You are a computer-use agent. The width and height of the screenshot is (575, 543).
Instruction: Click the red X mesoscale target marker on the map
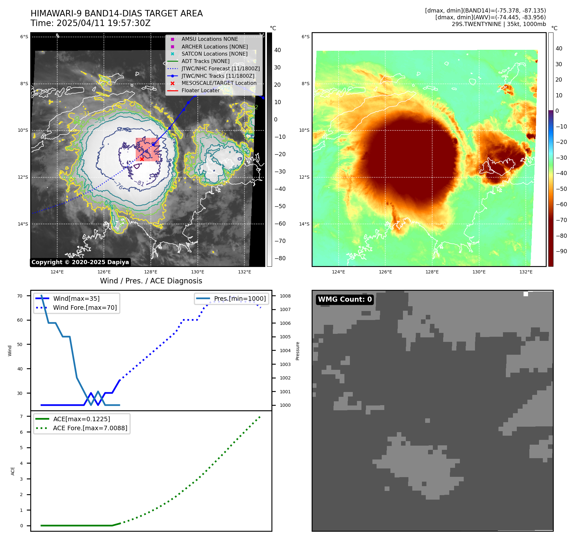pyautogui.click(x=142, y=159)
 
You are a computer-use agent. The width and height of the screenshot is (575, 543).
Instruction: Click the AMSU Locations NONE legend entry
pyautogui.click(x=209, y=39)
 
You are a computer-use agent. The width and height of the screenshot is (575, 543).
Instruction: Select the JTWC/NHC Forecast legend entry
pyautogui.click(x=220, y=68)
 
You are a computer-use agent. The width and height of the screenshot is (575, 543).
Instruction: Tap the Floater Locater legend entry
pyautogui.click(x=200, y=90)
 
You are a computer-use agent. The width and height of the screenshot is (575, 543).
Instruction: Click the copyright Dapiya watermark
pyautogui.click(x=80, y=262)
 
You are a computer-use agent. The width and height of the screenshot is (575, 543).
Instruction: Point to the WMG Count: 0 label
pyautogui.click(x=345, y=299)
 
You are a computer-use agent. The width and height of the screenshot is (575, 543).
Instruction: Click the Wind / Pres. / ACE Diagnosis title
pyautogui.click(x=151, y=281)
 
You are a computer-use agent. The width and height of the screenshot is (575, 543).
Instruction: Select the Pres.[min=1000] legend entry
pyautogui.click(x=240, y=298)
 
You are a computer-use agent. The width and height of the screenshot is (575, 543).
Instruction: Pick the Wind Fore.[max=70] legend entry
pyautogui.click(x=85, y=307)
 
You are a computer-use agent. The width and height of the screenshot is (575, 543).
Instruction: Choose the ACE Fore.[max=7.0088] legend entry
pyautogui.click(x=90, y=428)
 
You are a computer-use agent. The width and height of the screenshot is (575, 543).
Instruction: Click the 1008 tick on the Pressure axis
pyautogui.click(x=285, y=296)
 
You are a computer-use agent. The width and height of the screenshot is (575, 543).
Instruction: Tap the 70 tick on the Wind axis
pyautogui.click(x=20, y=296)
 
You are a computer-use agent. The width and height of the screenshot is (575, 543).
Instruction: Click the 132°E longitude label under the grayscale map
pyautogui.click(x=244, y=272)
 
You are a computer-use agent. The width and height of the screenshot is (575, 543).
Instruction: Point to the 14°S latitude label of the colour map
pyautogui.click(x=304, y=224)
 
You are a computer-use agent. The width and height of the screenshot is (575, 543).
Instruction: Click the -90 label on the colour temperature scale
pyautogui.click(x=561, y=251)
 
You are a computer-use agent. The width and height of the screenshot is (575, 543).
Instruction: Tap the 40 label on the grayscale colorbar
pyautogui.click(x=277, y=50)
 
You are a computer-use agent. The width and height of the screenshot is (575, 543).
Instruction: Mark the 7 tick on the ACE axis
pyautogui.click(x=22, y=416)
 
